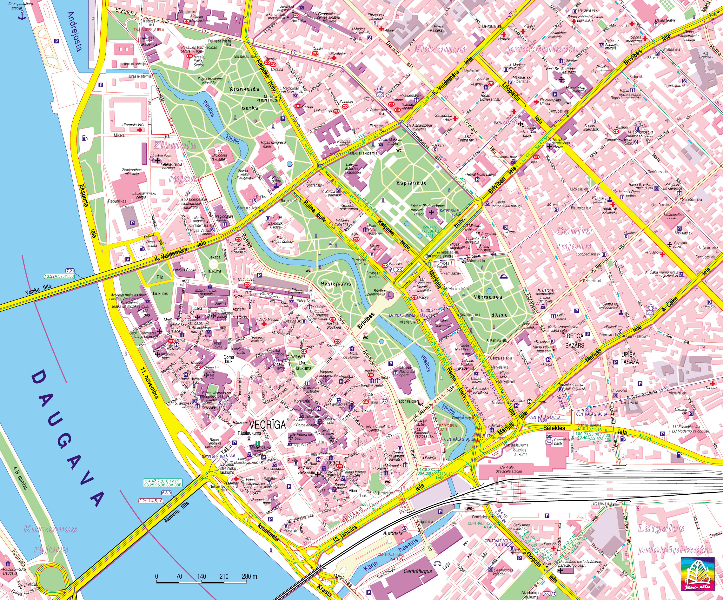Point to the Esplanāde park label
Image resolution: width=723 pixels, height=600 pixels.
[x=411, y=183]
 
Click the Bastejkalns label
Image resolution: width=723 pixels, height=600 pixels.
[x=336, y=284]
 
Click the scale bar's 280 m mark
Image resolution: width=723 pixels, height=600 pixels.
[x=249, y=577]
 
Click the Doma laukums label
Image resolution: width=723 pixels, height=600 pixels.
[x=229, y=359]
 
